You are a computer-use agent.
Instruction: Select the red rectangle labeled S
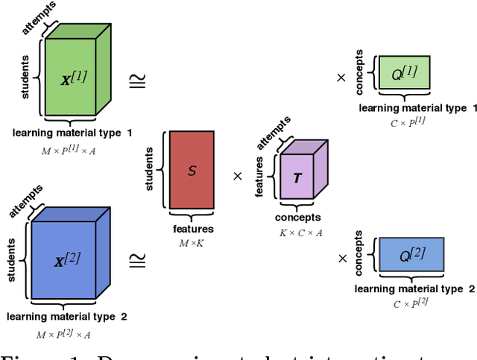pos(192,171)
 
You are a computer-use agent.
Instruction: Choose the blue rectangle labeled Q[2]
pos(411,255)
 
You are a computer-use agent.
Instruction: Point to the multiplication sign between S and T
pos(238,177)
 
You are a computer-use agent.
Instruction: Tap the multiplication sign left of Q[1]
pos(342,77)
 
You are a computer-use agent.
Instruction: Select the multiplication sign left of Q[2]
pos(342,259)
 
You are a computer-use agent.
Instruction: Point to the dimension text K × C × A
pos(297,233)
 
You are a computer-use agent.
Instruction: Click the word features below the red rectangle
pos(192,230)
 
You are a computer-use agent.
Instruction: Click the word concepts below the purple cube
pos(297,218)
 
